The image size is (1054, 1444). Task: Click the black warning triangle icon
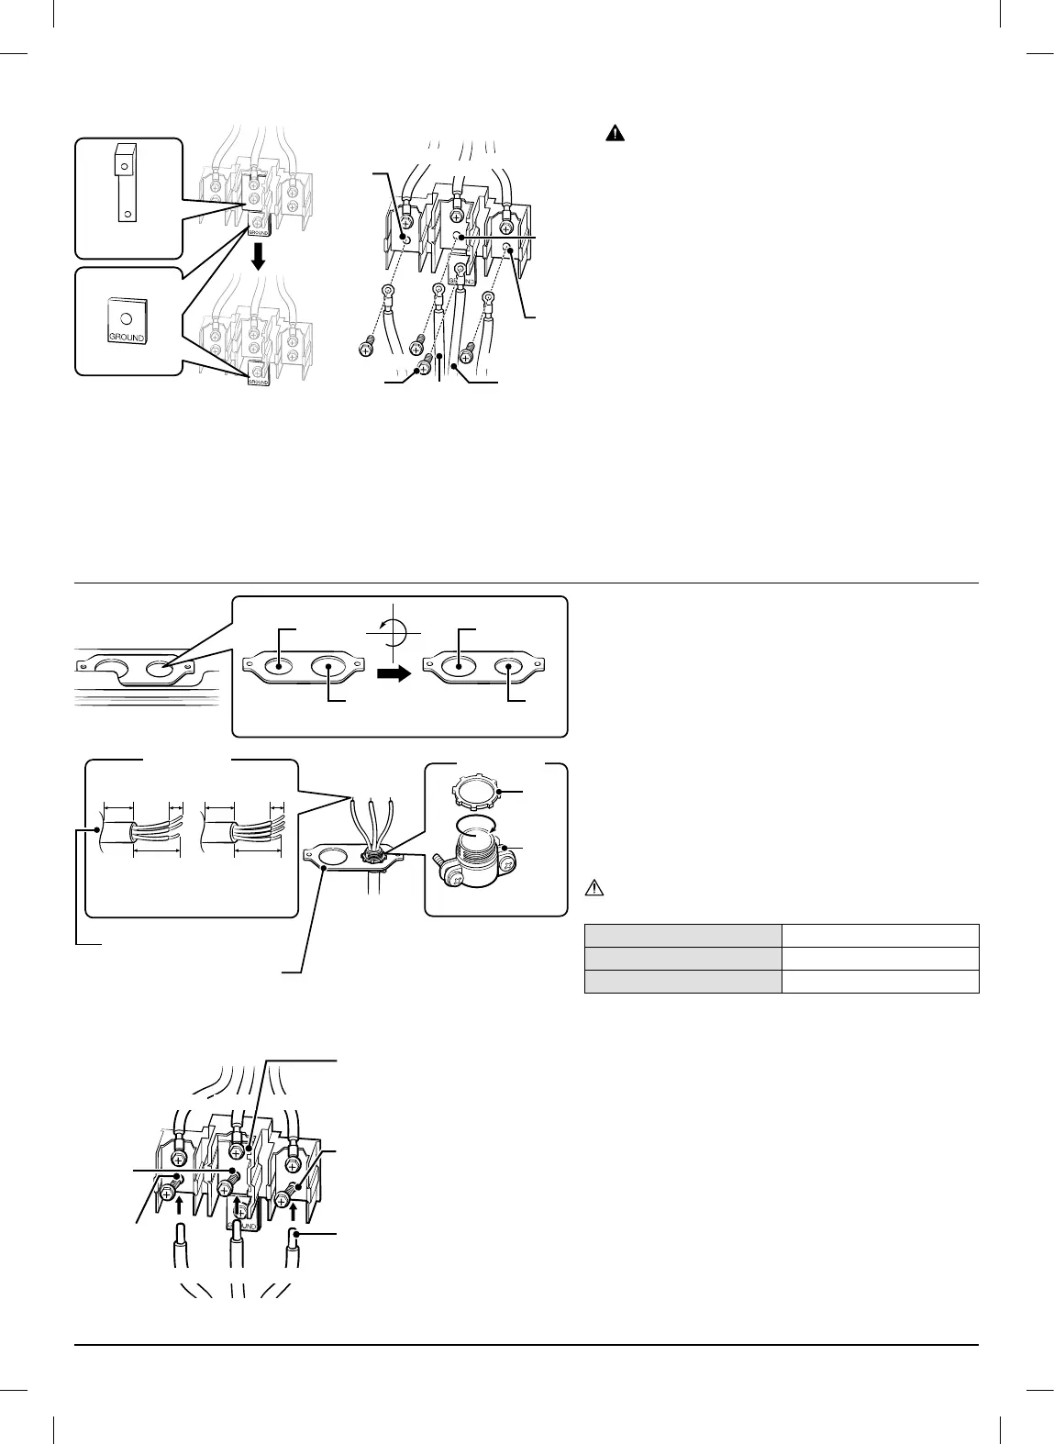(615, 134)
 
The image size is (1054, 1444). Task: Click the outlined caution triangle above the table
(594, 888)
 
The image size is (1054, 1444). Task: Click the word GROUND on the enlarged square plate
(127, 337)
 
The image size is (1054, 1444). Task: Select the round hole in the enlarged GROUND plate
(127, 317)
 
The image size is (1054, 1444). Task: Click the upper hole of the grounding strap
(120, 165)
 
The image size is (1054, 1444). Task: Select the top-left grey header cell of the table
(682, 936)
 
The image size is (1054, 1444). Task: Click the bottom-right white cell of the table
(880, 982)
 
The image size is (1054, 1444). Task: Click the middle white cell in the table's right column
(880, 959)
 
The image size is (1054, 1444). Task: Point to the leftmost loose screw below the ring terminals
(365, 349)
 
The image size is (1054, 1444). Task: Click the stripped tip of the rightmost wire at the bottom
(295, 1237)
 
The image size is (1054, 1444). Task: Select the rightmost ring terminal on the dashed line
(488, 297)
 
